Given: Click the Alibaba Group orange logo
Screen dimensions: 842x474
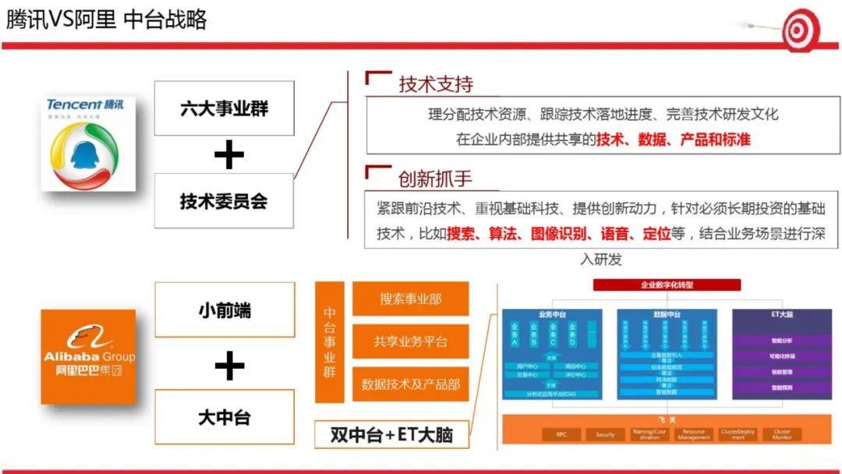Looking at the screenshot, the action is (x=88, y=356).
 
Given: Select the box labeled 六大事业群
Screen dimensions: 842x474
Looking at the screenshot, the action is (x=224, y=108).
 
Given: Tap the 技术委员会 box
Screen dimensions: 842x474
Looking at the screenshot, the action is (x=224, y=201).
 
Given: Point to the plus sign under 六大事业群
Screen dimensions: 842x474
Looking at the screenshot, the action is (x=228, y=156).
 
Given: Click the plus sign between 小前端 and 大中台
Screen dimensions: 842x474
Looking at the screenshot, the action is (x=228, y=365).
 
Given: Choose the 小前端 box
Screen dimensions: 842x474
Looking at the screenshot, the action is (x=225, y=310).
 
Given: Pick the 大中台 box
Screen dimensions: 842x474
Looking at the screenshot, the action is (x=225, y=417).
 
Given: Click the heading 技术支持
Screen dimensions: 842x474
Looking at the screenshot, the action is (x=436, y=84).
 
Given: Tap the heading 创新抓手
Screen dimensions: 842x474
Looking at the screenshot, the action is (x=436, y=179).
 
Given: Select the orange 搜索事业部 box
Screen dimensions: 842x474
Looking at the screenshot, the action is (x=411, y=299).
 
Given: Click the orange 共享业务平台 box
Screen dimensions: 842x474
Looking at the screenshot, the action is (x=411, y=341).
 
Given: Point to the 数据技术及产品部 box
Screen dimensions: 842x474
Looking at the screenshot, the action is (x=411, y=384).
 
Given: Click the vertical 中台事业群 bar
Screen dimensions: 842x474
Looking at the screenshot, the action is (x=330, y=342).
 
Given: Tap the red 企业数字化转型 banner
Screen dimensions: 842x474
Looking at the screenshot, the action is (x=667, y=285).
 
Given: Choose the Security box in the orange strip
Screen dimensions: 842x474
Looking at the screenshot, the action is (x=605, y=434).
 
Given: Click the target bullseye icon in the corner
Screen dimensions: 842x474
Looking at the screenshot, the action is (x=799, y=30).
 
